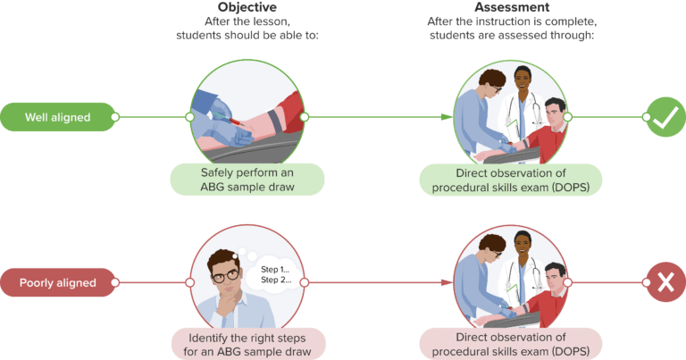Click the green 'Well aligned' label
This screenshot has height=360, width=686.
[58, 117]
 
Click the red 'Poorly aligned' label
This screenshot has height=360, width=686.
[58, 283]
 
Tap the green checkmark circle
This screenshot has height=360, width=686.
[665, 117]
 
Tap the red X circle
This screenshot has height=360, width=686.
[665, 283]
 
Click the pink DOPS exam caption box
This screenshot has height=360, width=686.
[510, 345]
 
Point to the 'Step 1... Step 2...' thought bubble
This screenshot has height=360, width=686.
[275, 273]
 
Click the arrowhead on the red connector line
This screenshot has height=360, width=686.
[444, 283]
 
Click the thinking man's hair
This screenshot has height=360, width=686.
[223, 253]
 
